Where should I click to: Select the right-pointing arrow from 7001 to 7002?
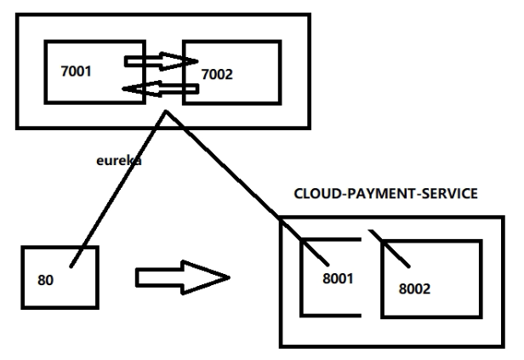coord(157,61)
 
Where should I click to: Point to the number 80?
coord(47,279)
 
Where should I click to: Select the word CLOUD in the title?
coord(314,195)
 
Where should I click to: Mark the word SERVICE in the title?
coord(450,195)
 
